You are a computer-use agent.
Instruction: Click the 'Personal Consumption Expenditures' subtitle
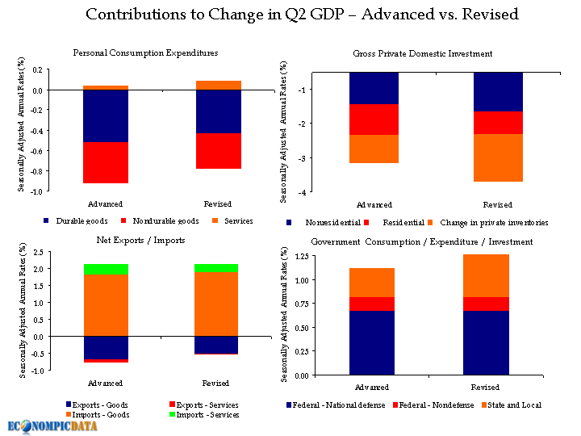coord(145,53)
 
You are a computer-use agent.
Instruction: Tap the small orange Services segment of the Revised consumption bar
coord(218,85)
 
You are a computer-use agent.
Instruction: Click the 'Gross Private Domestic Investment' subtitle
coord(422,54)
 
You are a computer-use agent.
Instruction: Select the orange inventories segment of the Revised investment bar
coord(497,157)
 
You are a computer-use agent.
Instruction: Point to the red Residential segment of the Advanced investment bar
coord(374,119)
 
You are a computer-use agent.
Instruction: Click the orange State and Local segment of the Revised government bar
coord(497,275)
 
